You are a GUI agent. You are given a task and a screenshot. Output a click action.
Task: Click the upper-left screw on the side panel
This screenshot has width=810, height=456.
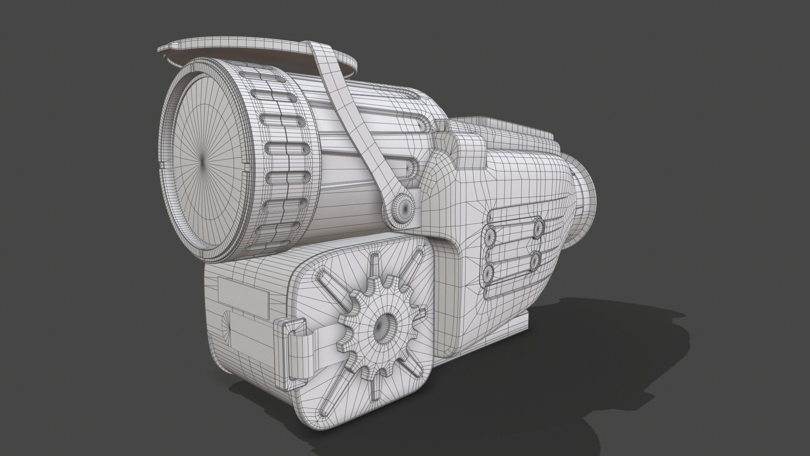pos(491,235)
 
